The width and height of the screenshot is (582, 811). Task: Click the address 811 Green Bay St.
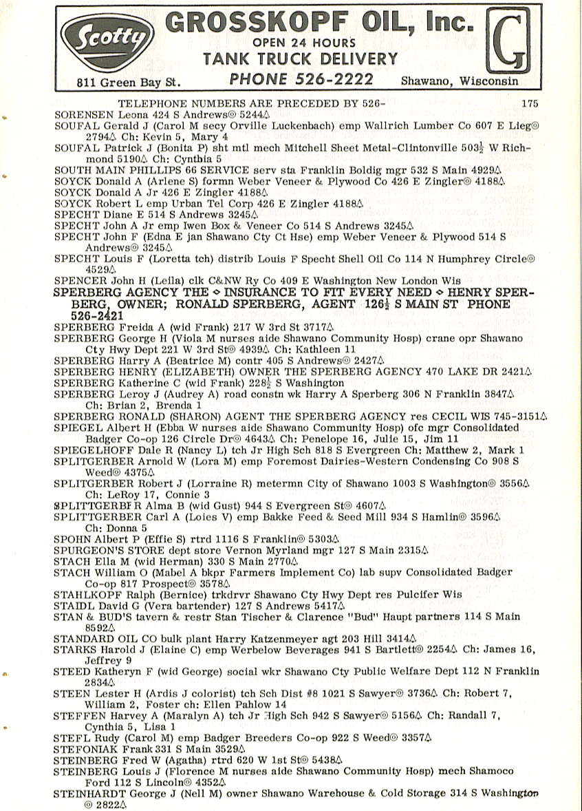pyautogui.click(x=129, y=83)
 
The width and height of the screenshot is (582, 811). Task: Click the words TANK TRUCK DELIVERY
pyautogui.click(x=300, y=59)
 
